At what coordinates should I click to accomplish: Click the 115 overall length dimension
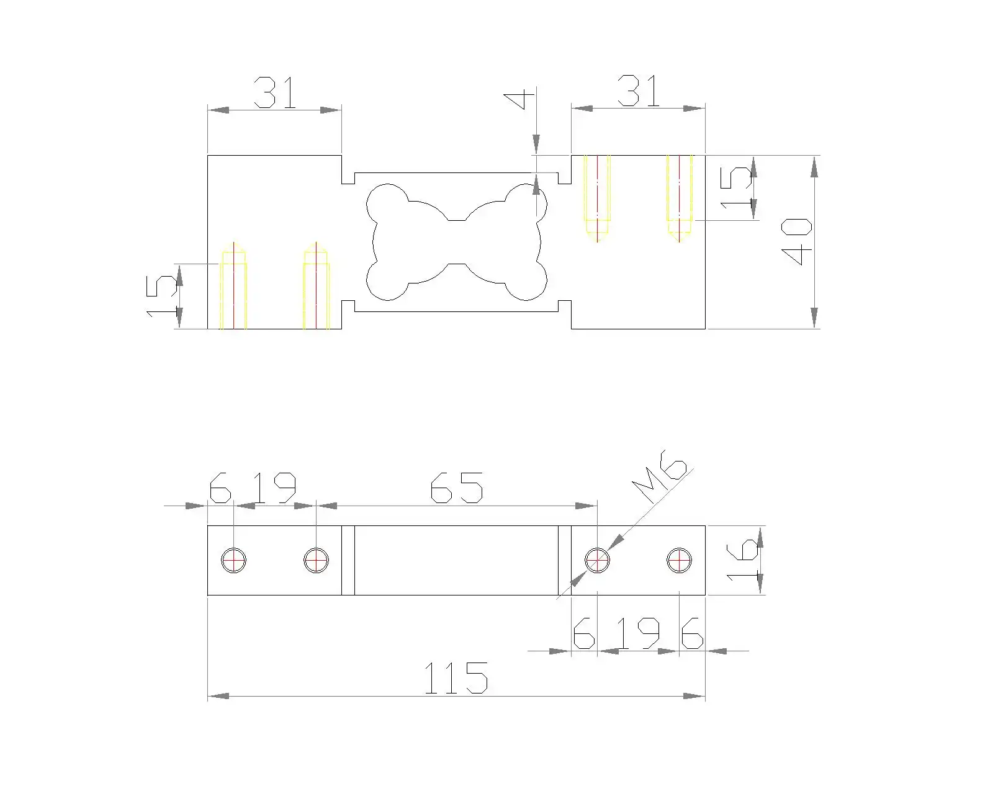pyautogui.click(x=456, y=678)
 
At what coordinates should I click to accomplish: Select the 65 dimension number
pyautogui.click(x=456, y=487)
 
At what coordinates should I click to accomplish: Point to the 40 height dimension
pyautogui.click(x=796, y=242)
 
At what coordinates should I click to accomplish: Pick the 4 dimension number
pyautogui.click(x=519, y=100)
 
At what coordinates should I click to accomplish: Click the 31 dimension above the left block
pyautogui.click(x=275, y=92)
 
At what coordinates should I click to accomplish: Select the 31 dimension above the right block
pyautogui.click(x=639, y=91)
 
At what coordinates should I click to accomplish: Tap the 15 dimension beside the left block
pyautogui.click(x=161, y=297)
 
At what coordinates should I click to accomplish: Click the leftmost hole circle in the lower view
pyautogui.click(x=233, y=561)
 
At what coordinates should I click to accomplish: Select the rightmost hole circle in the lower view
pyautogui.click(x=679, y=561)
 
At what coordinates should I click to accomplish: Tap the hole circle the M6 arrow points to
pyautogui.click(x=597, y=561)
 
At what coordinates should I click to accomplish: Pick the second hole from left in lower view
pyautogui.click(x=316, y=561)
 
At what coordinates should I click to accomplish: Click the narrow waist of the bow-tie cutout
pyautogui.click(x=456, y=242)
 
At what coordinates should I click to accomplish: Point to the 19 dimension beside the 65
pyautogui.click(x=276, y=488)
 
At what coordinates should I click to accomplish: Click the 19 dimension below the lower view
pyautogui.click(x=639, y=633)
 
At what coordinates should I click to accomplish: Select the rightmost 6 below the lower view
pyautogui.click(x=692, y=633)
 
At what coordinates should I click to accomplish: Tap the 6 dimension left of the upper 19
pyautogui.click(x=220, y=488)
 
